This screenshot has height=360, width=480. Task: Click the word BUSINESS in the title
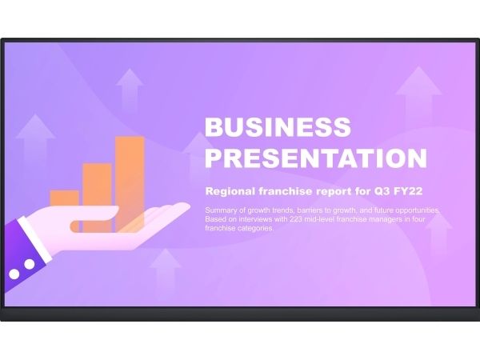point(278,126)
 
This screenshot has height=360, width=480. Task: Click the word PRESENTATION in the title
point(316,158)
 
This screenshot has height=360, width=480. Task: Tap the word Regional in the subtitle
point(230,191)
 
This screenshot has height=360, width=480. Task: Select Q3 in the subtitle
point(382,191)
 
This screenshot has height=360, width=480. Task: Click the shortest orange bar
point(64,198)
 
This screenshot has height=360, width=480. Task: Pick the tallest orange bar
point(130,184)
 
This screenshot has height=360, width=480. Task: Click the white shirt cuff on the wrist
point(35,240)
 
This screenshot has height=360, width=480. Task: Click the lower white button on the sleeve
point(14,274)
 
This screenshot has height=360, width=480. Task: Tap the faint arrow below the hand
point(166,273)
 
